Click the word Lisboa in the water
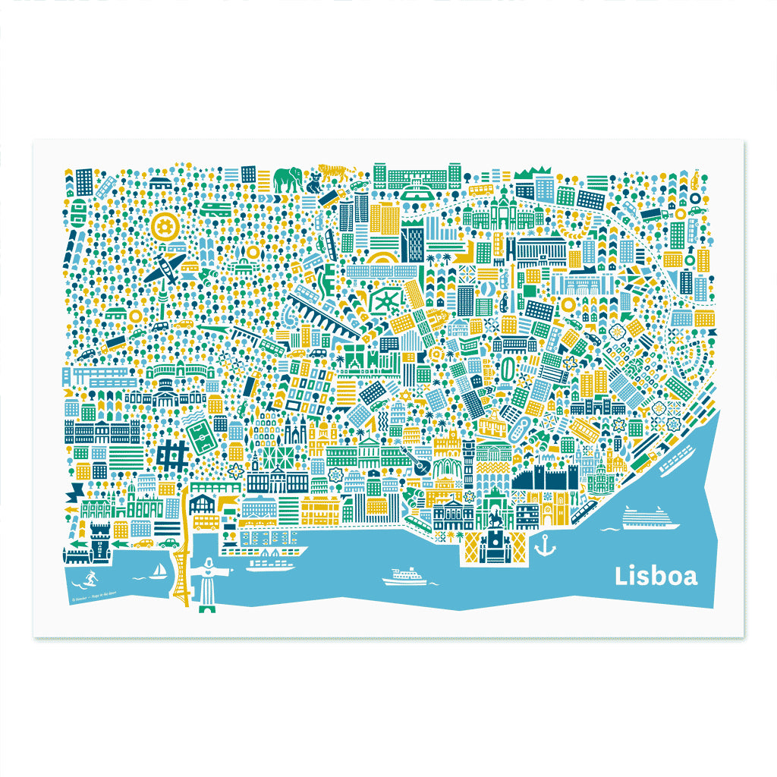click(x=656, y=576)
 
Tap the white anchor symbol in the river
click(x=544, y=544)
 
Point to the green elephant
click(x=288, y=180)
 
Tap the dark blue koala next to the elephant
click(x=313, y=181)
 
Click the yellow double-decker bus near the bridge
click(x=206, y=522)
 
